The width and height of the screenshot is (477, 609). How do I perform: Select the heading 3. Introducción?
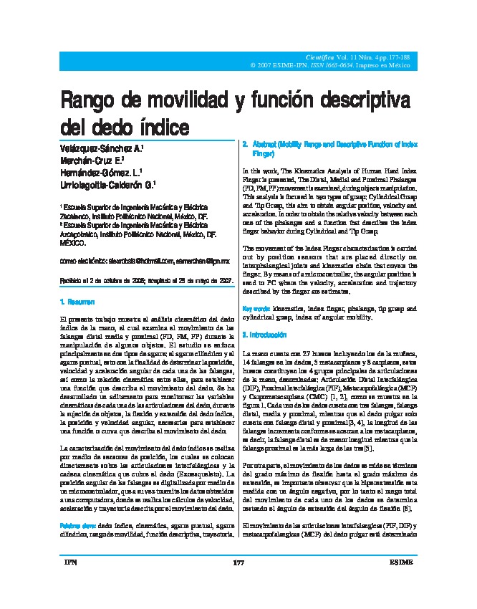266,335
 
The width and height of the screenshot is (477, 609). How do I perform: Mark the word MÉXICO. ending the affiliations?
70,242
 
